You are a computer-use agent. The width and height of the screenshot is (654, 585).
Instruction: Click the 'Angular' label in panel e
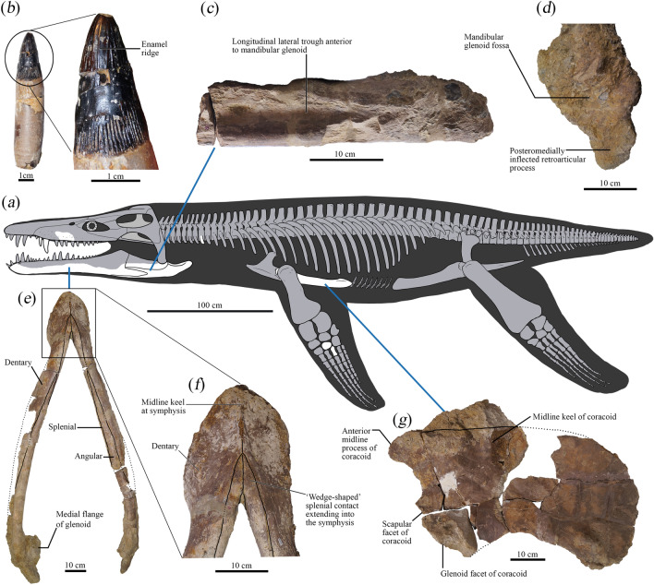pos(91,454)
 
